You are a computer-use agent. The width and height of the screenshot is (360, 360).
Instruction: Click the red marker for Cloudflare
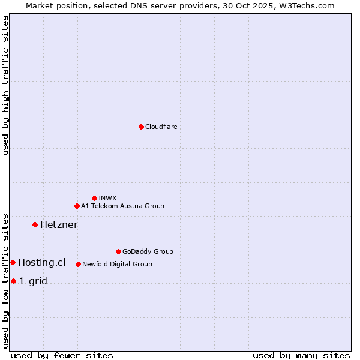click(141, 127)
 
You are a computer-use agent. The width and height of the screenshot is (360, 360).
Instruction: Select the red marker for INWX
click(94, 198)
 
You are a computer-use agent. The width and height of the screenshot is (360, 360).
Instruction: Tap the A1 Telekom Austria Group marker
click(77, 206)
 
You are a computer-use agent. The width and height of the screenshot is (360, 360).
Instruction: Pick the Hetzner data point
click(35, 224)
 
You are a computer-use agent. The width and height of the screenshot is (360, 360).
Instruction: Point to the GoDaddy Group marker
click(118, 251)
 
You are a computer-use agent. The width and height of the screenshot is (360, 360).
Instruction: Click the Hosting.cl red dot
click(13, 262)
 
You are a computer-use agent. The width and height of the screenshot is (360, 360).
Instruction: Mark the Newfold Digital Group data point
click(78, 264)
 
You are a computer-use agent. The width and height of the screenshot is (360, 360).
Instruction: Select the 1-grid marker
click(13, 281)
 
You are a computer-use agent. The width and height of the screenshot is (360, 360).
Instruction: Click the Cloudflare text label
click(161, 127)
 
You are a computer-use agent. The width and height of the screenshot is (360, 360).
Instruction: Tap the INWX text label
click(108, 198)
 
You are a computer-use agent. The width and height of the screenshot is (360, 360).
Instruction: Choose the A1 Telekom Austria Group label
click(122, 206)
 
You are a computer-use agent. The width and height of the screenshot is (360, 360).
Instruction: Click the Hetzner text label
click(59, 224)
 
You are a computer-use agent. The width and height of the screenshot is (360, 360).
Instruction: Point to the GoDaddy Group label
click(148, 251)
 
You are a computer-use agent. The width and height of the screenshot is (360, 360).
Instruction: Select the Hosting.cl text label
click(41, 262)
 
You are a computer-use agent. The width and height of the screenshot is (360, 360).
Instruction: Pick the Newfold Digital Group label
click(117, 264)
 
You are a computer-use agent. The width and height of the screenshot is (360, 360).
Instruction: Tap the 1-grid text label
click(33, 281)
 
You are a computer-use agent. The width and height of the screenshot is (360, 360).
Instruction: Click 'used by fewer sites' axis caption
click(62, 355)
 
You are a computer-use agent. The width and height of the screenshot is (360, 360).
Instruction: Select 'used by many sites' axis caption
click(301, 355)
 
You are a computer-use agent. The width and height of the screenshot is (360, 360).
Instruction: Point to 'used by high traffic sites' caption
click(5, 86)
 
